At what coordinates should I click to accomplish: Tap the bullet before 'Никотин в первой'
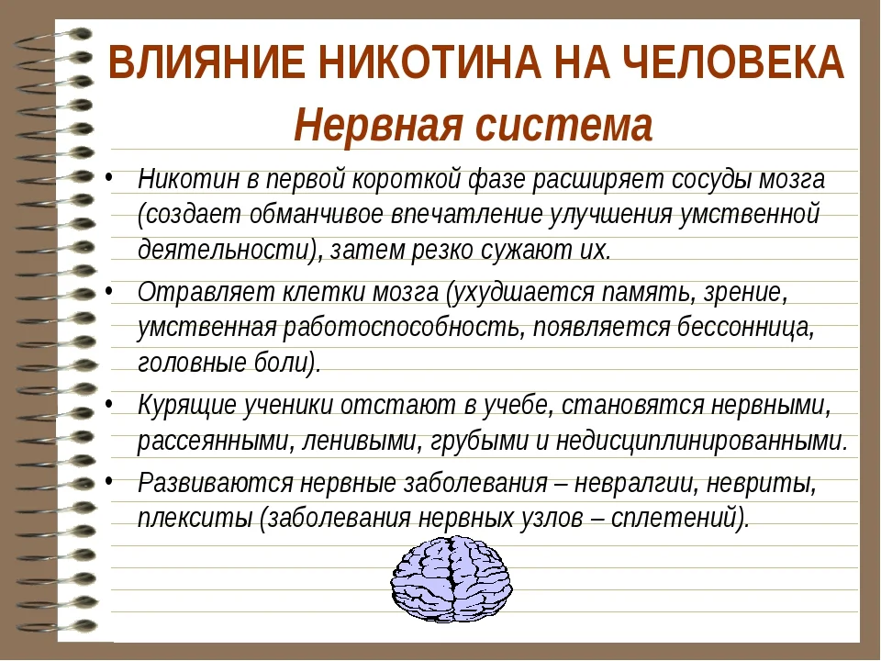(111, 177)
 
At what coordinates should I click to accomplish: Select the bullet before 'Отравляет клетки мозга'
(111, 292)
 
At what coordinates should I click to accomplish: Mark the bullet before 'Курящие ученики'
(111, 404)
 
